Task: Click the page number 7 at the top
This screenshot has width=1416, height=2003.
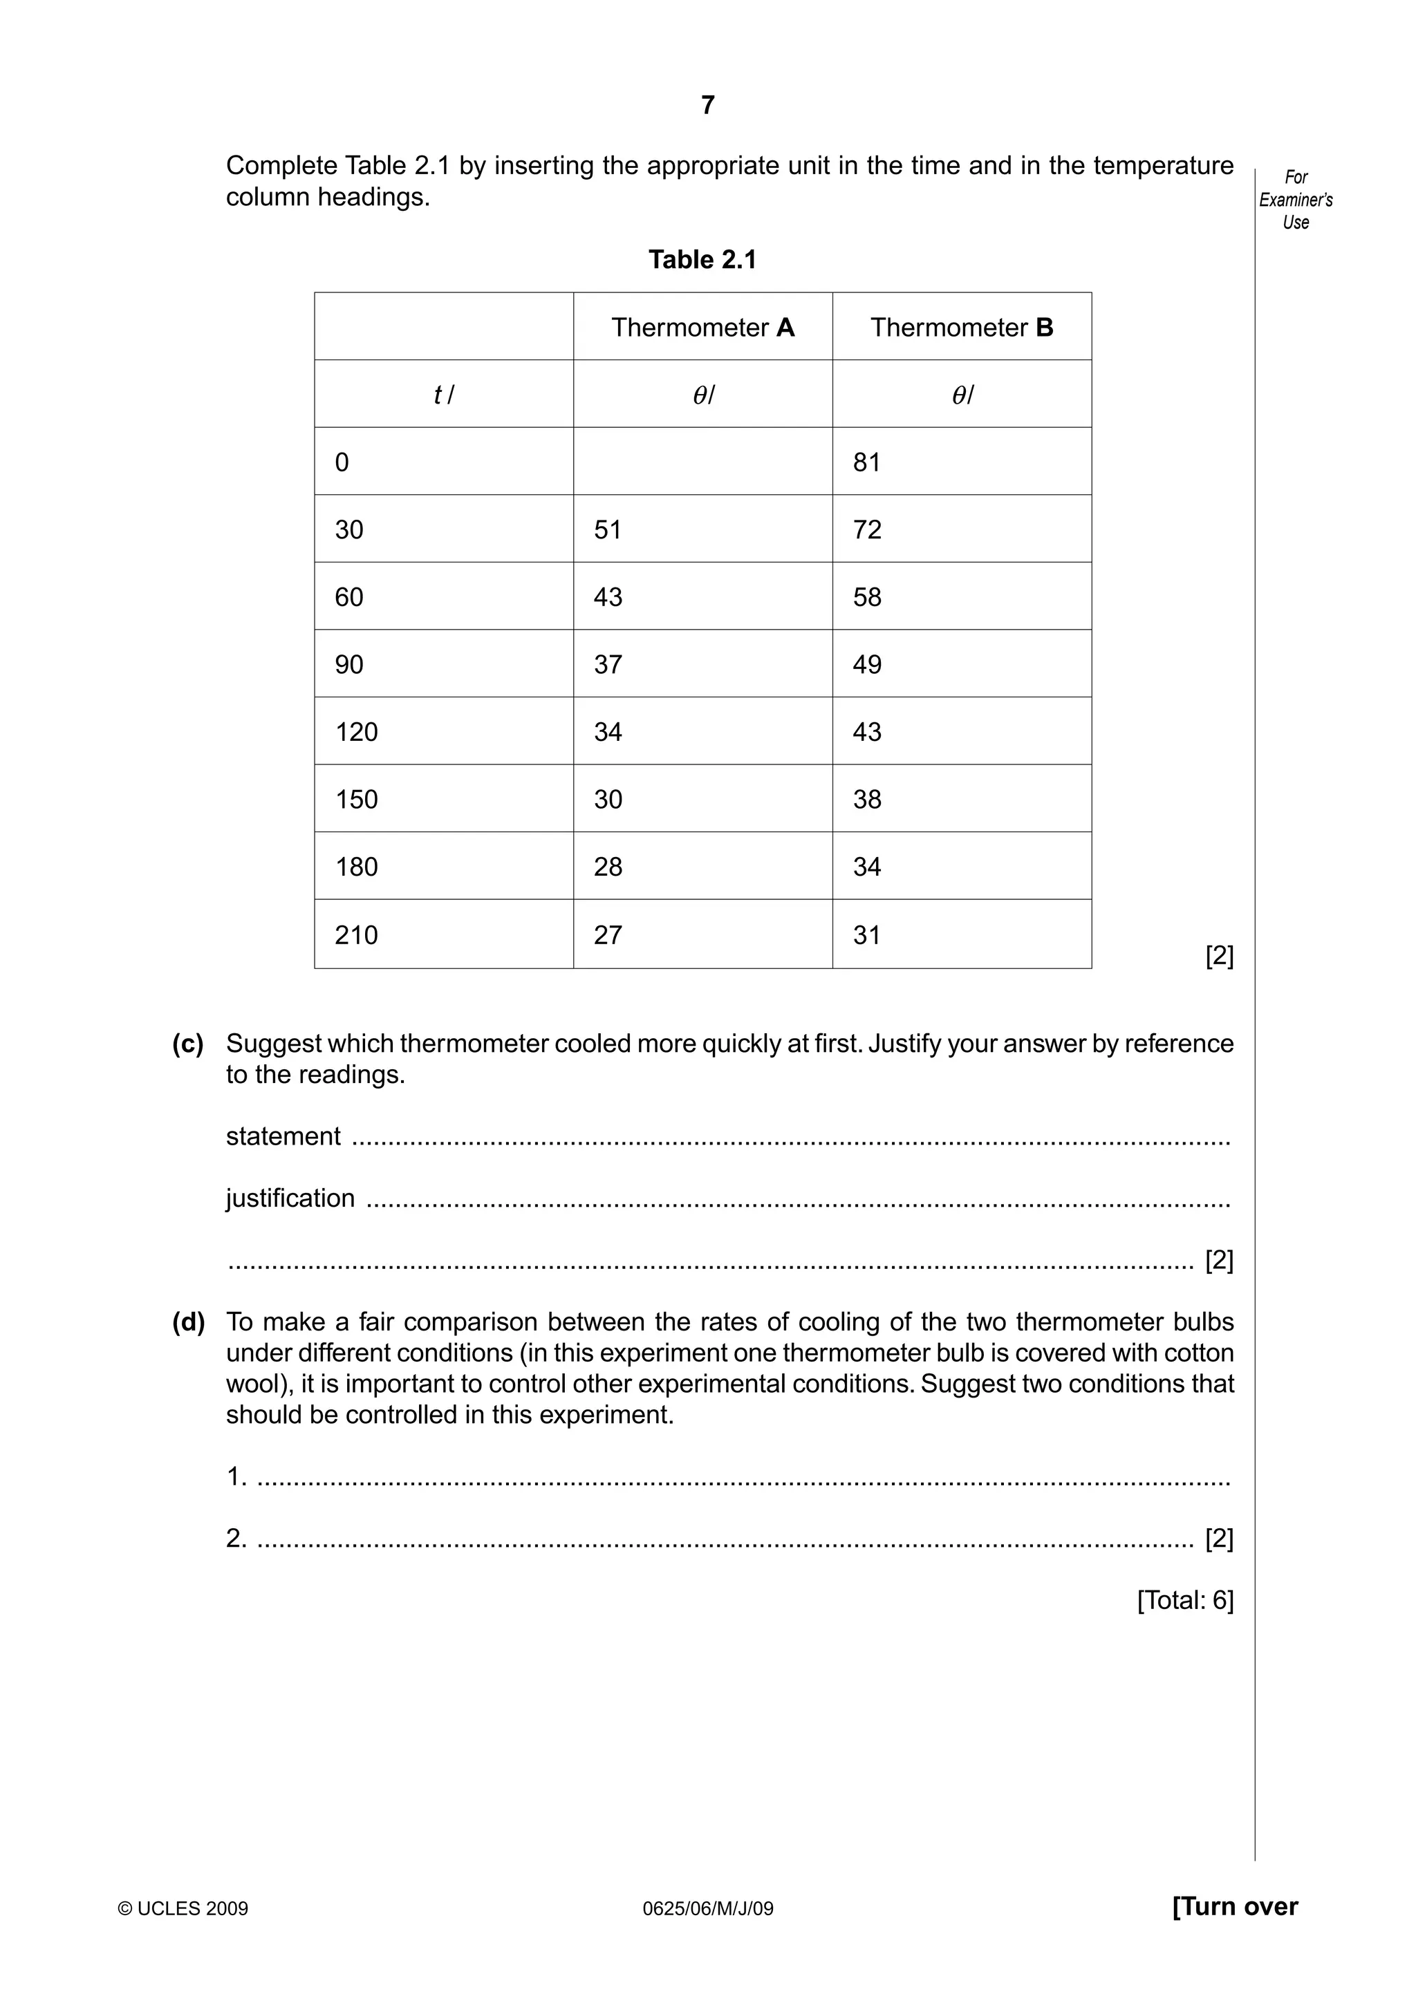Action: pos(707,106)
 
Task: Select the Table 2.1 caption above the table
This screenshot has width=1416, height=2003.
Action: pos(702,259)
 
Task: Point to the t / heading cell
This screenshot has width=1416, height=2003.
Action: pos(443,395)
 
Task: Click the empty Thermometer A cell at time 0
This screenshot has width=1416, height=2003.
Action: pos(702,462)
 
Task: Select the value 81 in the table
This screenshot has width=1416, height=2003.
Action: pos(866,462)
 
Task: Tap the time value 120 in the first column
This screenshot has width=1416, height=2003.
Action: pos(356,732)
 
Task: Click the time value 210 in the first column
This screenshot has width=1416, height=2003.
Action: pos(356,935)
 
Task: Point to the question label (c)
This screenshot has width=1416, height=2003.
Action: pos(187,1044)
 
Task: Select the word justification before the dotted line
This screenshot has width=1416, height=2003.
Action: pos(290,1198)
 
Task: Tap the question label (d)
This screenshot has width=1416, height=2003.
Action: pos(187,1322)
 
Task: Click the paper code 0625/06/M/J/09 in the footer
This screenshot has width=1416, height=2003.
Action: pos(707,1909)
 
